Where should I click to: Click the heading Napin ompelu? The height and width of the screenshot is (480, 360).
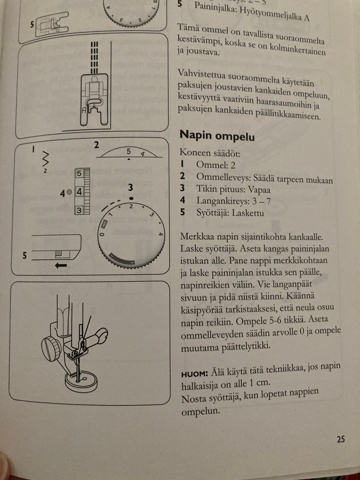point(217,135)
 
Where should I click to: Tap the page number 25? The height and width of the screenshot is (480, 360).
point(340,439)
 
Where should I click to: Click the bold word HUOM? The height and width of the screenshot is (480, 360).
point(194,374)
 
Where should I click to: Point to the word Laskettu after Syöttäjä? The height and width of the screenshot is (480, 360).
point(247,213)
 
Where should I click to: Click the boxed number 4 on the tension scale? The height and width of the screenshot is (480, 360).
point(79,192)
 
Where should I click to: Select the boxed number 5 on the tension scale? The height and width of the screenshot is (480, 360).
point(79,174)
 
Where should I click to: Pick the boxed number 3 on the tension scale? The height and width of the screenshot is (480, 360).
point(79,210)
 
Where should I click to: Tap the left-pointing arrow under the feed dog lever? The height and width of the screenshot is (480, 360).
point(60,265)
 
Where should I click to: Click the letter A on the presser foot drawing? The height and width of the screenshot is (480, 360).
point(84,110)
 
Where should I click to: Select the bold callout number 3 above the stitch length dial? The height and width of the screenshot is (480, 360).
point(130,187)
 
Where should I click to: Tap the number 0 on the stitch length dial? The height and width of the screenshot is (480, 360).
point(102,234)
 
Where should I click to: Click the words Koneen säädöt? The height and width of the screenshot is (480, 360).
point(210,153)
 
